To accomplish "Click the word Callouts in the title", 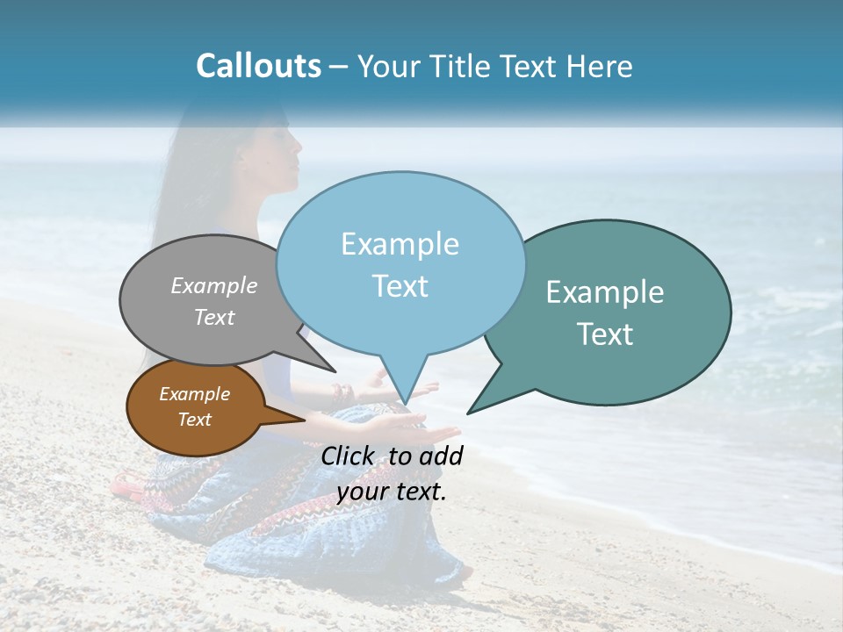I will click(x=258, y=67).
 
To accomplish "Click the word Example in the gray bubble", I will click(x=214, y=285).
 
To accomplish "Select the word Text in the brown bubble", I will click(x=195, y=420).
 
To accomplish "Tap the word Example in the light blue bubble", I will click(x=400, y=244).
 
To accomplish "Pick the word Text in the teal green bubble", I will click(x=605, y=334).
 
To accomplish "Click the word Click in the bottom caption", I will click(x=349, y=456).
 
